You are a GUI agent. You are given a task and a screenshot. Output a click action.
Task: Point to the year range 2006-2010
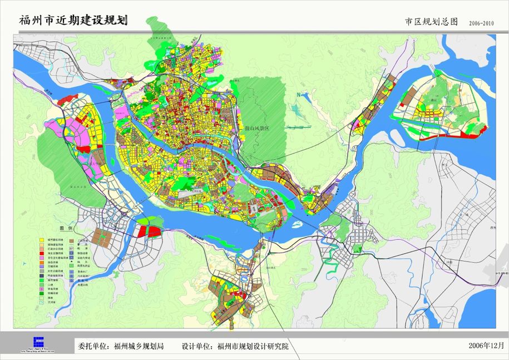[x=481, y=23]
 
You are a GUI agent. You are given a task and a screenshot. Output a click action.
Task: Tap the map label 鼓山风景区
[x=256, y=128]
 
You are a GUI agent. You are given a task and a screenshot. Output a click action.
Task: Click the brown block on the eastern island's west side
[x=409, y=98]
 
